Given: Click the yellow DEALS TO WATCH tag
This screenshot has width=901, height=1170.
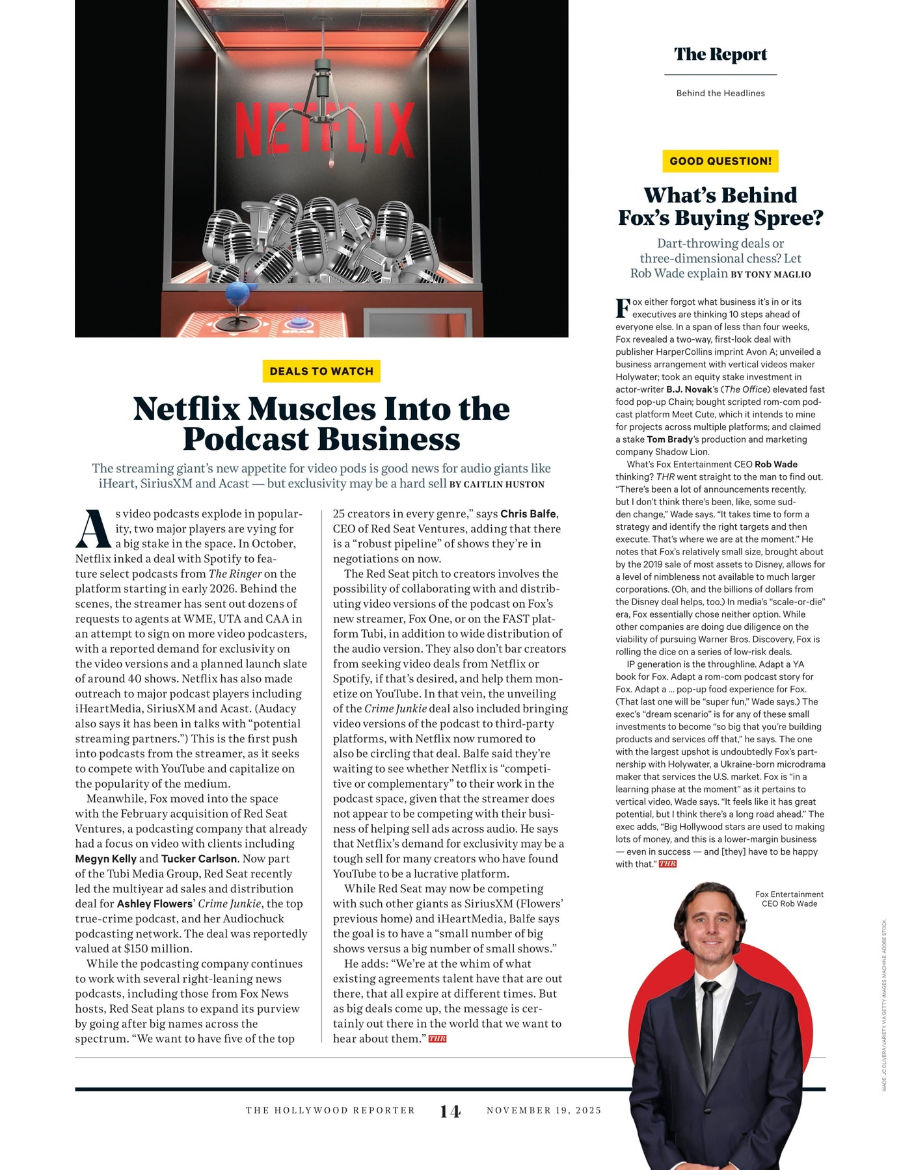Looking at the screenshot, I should pos(321,371).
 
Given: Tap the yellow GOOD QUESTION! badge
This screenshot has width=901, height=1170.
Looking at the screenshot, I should pos(720,161).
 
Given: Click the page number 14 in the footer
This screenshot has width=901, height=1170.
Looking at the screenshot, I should pos(450,1111).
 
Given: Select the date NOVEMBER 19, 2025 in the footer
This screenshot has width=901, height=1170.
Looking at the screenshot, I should pos(544,1110).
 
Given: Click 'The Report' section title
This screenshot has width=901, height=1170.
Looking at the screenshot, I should pos(720,55).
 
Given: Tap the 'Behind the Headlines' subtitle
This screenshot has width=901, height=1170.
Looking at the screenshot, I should pos(720,94).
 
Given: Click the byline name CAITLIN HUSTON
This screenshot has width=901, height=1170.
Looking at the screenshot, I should pos(504,484).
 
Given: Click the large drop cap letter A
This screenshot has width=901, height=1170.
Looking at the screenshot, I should pos(93,528).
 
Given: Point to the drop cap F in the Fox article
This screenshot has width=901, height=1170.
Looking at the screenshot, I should pos(623,308).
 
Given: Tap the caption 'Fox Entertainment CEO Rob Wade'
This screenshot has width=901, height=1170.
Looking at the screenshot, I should pos(789,899).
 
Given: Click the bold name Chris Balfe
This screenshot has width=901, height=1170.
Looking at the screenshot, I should pos(528,513).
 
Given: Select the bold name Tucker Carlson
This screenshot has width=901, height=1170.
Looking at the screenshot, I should pos(199,859).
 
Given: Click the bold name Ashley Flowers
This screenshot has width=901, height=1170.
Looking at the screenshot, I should pos(155,903).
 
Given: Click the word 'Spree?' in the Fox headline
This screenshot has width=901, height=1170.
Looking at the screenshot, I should pos(790,218).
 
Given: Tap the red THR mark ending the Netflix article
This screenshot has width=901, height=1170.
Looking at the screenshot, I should pos(437,1039).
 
